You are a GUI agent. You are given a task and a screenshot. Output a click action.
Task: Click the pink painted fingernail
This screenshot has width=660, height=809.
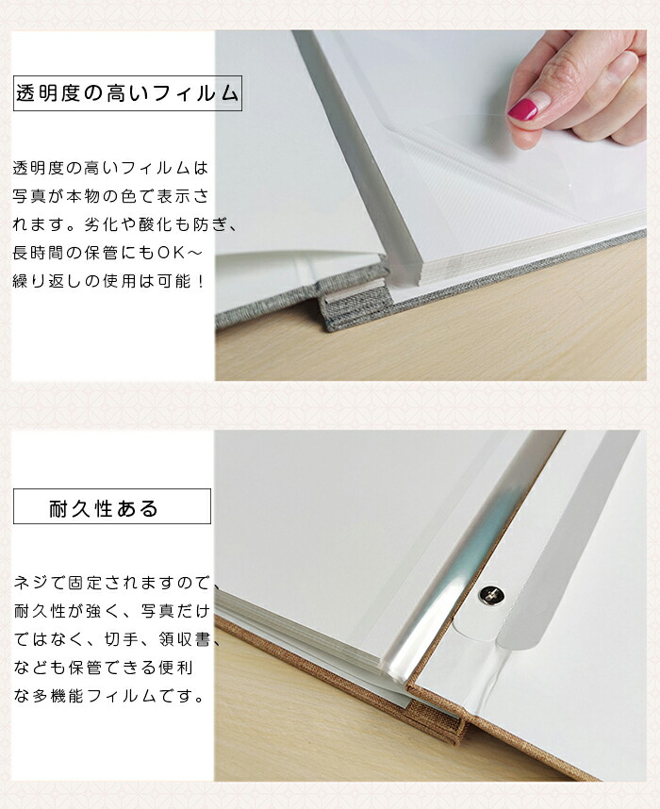pyautogui.click(x=522, y=108)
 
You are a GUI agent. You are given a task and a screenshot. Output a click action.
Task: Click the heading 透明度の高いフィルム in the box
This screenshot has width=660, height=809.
pyautogui.click(x=127, y=93)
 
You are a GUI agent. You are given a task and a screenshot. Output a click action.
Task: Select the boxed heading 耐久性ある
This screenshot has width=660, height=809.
pyautogui.click(x=103, y=508)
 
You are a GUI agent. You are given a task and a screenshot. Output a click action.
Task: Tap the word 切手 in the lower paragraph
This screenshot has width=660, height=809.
pyautogui.click(x=113, y=640)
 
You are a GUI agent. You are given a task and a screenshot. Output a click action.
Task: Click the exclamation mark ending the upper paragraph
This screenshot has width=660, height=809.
pyautogui.click(x=201, y=281)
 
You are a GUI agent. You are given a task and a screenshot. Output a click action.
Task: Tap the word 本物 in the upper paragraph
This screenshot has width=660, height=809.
pyautogui.click(x=84, y=196)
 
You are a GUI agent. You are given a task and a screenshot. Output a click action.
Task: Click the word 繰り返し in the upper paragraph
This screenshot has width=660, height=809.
pyautogui.click(x=48, y=281)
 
